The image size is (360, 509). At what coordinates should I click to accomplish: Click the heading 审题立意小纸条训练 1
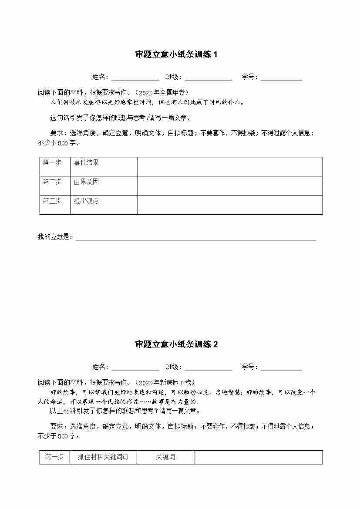point(176,54)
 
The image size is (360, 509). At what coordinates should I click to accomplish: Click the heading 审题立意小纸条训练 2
point(176,344)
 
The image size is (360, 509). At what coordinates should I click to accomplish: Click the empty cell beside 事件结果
point(230,166)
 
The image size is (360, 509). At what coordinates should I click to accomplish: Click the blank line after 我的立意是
point(195,238)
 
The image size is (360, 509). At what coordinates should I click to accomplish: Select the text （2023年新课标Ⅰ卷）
point(163,382)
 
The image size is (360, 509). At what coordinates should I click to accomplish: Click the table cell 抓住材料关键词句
point(103,457)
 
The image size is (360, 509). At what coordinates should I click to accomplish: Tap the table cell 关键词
point(165,457)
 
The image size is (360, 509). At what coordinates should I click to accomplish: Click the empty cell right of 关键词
point(259,457)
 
